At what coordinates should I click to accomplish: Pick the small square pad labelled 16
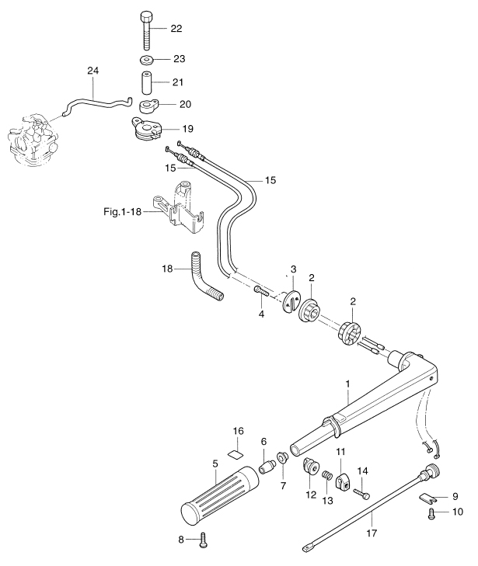pos(238,447)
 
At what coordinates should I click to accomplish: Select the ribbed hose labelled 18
pos(205,280)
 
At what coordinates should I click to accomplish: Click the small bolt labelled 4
pos(260,291)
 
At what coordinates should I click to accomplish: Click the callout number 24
pos(93,71)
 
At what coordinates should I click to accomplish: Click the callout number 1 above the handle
pos(347,384)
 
